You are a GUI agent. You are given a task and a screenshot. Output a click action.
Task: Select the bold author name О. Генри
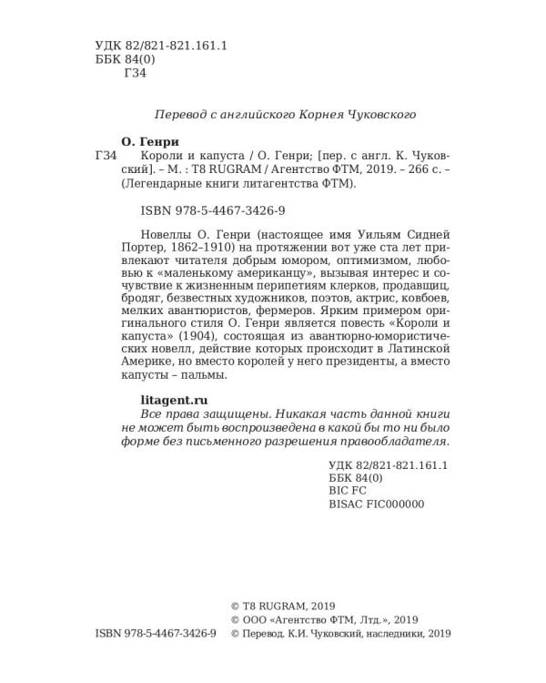coord(150,142)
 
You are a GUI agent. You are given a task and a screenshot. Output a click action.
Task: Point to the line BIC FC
coord(349,488)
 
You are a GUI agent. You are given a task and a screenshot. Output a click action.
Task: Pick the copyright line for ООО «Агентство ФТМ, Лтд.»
coord(324,619)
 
